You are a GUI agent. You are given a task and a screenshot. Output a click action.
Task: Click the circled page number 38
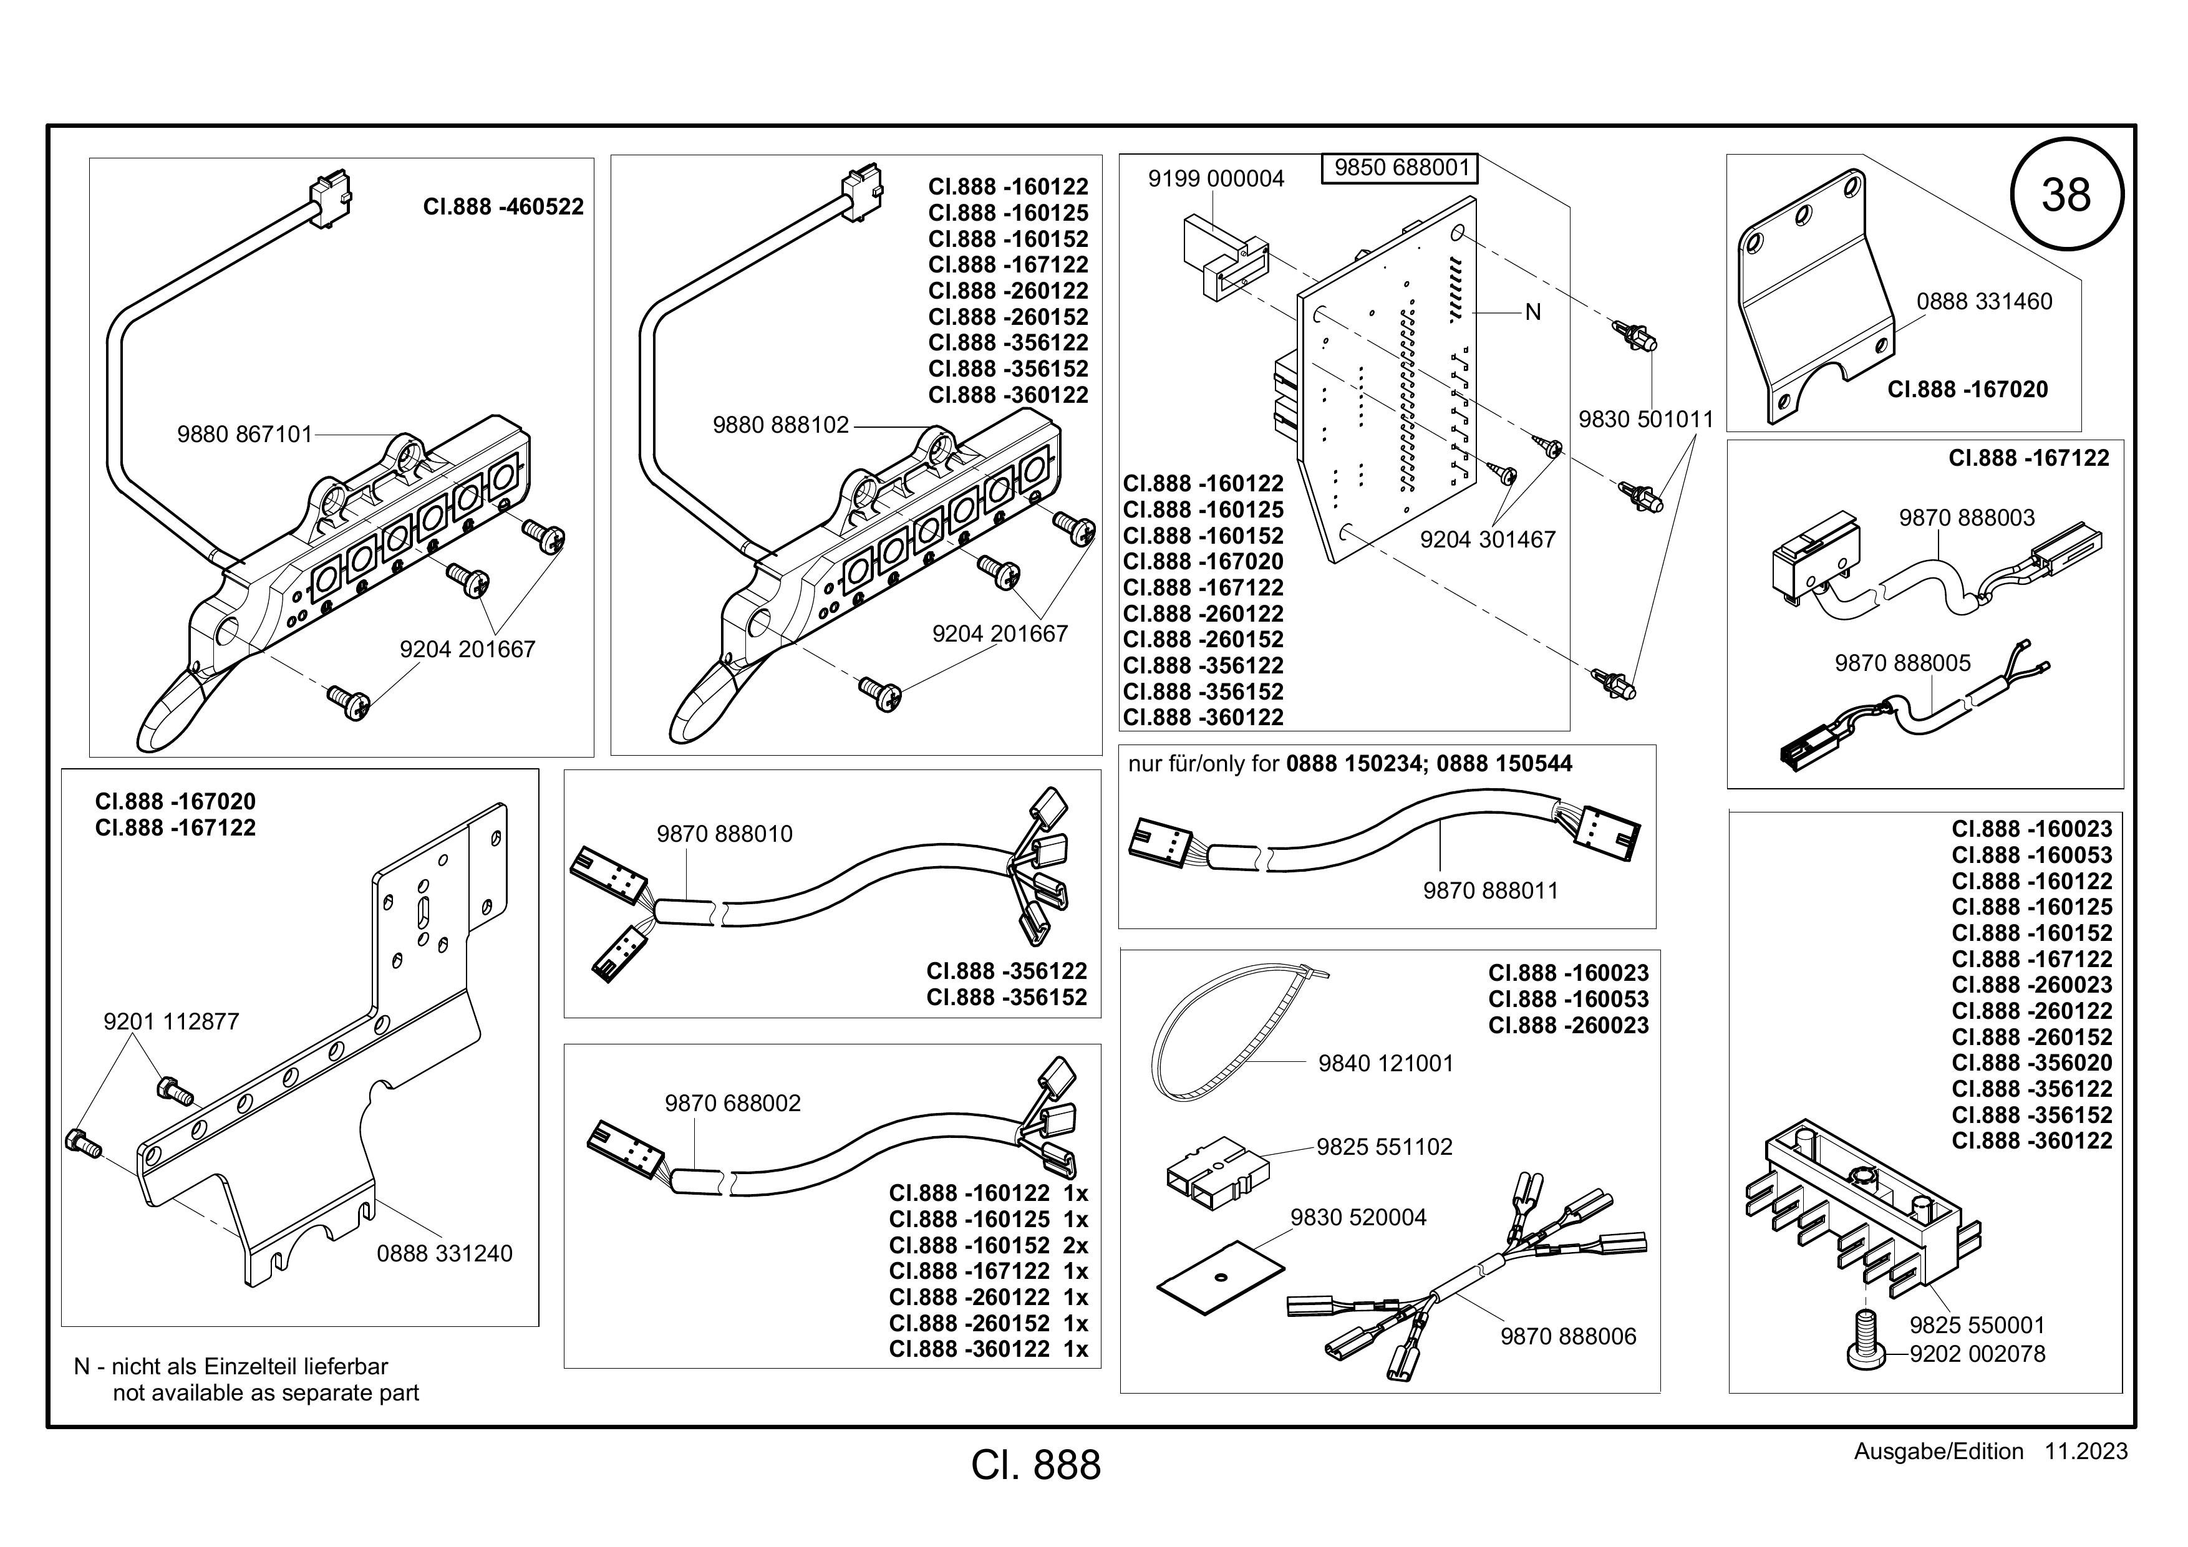[2066, 195]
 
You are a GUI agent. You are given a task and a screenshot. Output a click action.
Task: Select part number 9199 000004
[1216, 179]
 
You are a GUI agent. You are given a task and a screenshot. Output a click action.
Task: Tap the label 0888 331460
[1984, 302]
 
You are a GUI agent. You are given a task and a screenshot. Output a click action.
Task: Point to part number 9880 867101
[245, 435]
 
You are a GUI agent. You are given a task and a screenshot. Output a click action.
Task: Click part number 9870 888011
[1491, 890]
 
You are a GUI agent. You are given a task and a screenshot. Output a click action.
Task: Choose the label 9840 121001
[1386, 1063]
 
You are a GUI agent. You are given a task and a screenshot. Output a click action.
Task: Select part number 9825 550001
[1977, 1325]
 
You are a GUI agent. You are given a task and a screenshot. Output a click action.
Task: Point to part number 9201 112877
[172, 1022]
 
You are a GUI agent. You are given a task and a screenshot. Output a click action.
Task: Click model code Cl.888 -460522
[503, 207]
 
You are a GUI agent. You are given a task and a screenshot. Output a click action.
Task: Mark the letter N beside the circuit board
[1532, 312]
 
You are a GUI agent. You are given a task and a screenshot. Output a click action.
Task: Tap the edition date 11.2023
[2085, 1452]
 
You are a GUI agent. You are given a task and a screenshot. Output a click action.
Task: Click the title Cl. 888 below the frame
[1036, 1466]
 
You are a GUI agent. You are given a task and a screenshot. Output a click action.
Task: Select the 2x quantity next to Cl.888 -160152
[1076, 1246]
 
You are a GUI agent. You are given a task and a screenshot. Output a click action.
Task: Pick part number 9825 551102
[1385, 1147]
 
